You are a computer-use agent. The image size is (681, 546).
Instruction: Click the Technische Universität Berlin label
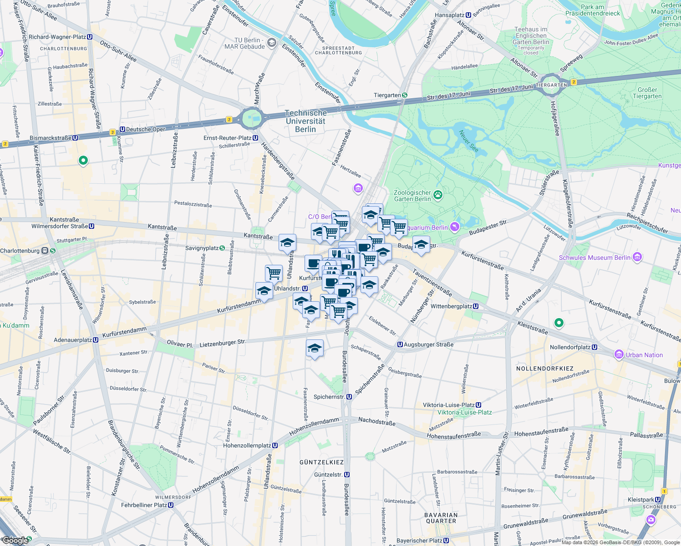pos(305,121)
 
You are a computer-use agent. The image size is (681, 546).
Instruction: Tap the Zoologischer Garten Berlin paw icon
pos(438,196)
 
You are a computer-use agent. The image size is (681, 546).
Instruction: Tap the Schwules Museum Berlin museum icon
pos(637,258)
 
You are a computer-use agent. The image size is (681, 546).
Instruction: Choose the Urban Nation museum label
pos(644,355)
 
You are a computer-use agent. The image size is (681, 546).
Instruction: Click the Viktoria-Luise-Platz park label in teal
pos(464,412)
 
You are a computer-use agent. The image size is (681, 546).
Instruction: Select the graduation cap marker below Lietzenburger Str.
pos(315,349)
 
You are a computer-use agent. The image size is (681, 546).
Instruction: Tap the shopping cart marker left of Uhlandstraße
pos(274,273)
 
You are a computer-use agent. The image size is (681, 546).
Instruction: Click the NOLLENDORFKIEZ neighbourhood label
pos(544,369)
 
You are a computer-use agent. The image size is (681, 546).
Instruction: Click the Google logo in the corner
pos(15,540)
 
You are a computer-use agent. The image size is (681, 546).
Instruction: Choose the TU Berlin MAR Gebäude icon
pos(272,43)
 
